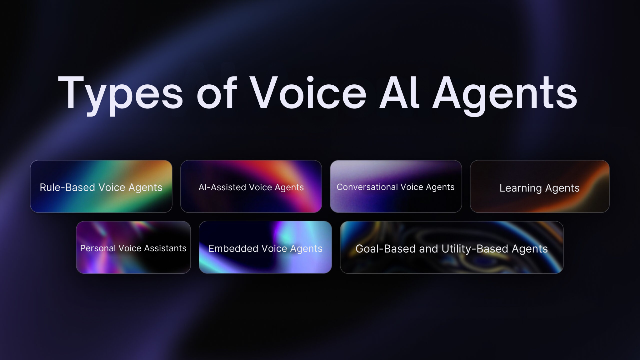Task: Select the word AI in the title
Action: click(399, 93)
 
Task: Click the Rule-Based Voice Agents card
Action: click(101, 187)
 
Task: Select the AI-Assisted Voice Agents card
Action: click(251, 187)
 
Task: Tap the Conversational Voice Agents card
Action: click(396, 187)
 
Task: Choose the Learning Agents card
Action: click(540, 187)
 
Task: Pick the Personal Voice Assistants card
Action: click(133, 247)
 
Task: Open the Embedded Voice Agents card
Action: click(265, 247)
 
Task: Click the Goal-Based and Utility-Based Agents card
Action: click(452, 247)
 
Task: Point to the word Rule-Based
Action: click(67, 187)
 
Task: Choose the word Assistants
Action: click(165, 248)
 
